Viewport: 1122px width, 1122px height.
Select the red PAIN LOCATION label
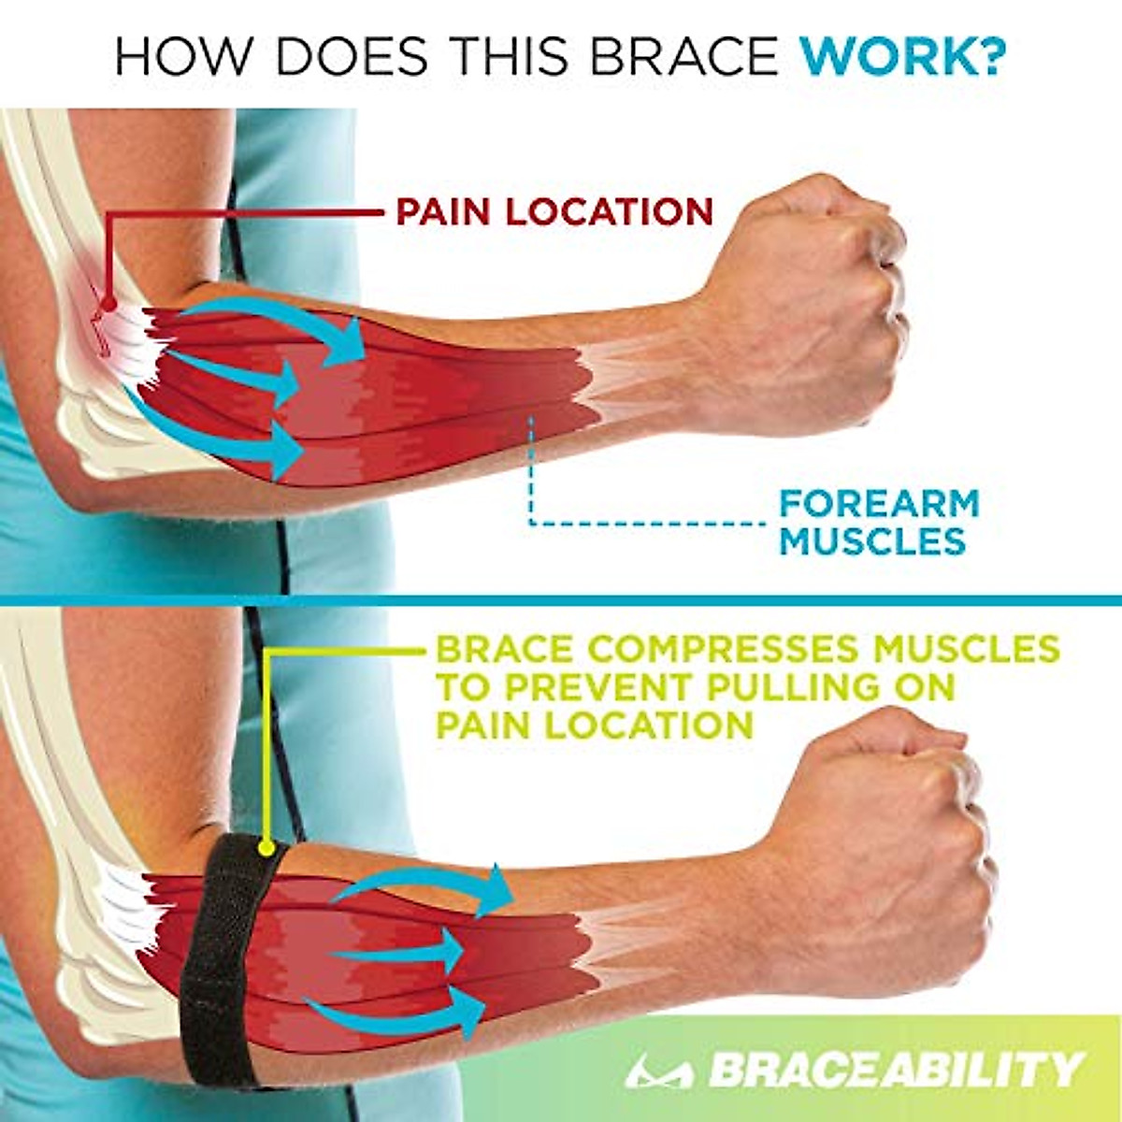(x=554, y=212)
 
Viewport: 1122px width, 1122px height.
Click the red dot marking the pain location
(x=108, y=303)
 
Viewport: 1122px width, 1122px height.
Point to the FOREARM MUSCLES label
(x=879, y=522)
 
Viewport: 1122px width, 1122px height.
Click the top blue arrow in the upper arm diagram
(x=280, y=323)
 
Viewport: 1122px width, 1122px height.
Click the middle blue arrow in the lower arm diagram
(x=402, y=954)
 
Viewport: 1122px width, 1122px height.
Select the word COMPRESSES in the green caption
(x=711, y=649)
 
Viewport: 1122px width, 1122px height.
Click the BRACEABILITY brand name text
(x=893, y=1069)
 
